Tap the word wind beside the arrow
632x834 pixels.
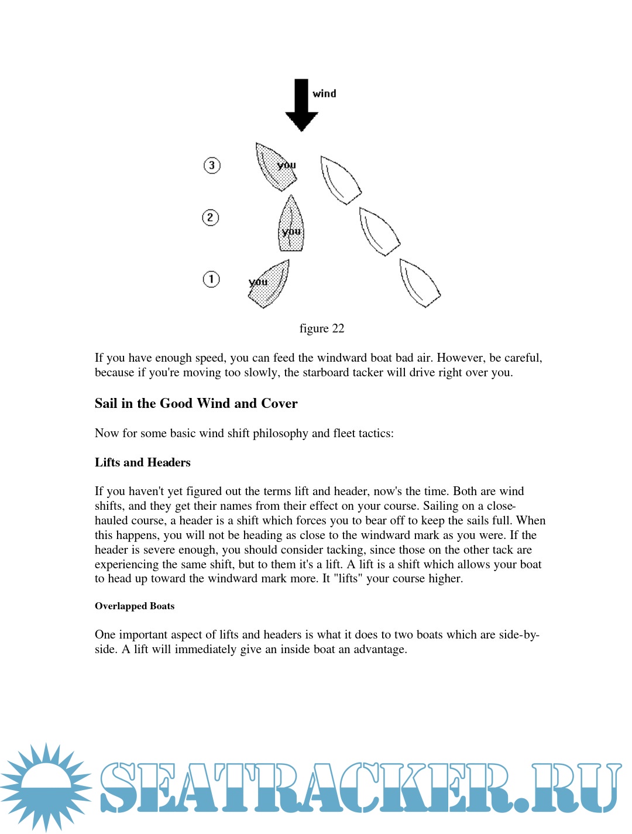click(x=324, y=94)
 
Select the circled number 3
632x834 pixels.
click(x=212, y=166)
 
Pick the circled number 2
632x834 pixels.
click(x=211, y=218)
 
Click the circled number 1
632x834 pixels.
click(x=211, y=279)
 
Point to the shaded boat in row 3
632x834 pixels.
click(x=275, y=167)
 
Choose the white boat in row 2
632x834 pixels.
click(x=379, y=232)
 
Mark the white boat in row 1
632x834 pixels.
click(x=419, y=283)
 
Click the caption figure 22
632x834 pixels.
click(x=322, y=328)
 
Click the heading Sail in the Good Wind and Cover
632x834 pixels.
click(x=196, y=403)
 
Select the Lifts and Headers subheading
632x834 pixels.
click(x=143, y=462)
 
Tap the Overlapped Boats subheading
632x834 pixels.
click(x=135, y=606)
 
